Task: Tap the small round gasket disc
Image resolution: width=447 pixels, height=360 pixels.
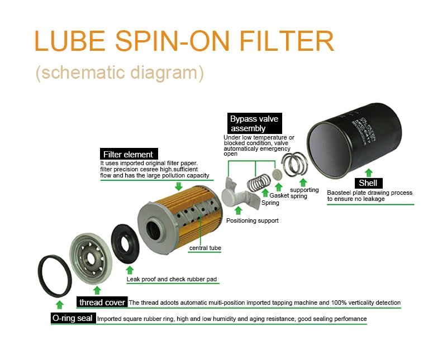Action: [x=275, y=174]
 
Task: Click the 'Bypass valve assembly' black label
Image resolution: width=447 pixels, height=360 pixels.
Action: [x=254, y=123]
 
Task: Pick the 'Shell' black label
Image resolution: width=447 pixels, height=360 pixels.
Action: [x=368, y=183]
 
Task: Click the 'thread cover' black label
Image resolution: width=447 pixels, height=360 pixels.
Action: [x=102, y=303]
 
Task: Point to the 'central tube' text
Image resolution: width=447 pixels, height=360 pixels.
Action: [x=206, y=248]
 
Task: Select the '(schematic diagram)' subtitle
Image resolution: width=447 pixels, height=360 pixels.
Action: [x=119, y=73]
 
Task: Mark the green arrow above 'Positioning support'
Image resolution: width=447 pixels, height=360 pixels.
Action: [x=239, y=210]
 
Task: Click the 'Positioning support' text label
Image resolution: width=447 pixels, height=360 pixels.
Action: [x=252, y=221]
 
